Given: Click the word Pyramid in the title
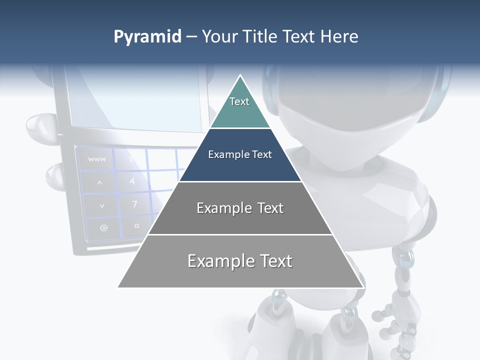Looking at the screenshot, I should (x=147, y=37).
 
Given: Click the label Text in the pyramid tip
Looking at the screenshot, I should (x=239, y=101).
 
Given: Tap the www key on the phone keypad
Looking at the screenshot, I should (x=96, y=159).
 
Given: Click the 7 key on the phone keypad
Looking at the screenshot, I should (x=134, y=204).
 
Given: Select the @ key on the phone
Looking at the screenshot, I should (x=103, y=227).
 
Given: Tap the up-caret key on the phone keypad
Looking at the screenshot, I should (x=99, y=182).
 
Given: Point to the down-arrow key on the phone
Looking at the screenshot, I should (x=102, y=205).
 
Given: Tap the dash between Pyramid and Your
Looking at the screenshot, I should (x=191, y=37).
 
